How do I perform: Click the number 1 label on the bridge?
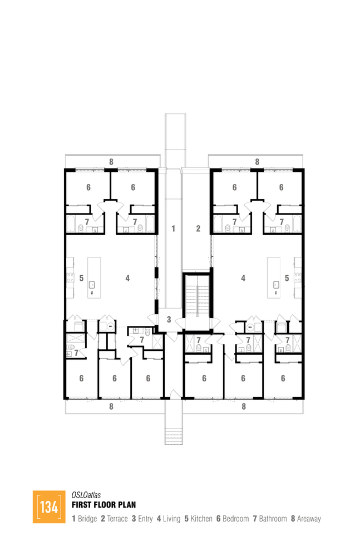coord(173,228)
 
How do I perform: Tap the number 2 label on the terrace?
coord(197,228)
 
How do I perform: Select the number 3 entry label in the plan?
coord(169,319)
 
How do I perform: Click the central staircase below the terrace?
coord(197,301)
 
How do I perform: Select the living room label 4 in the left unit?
coord(127,278)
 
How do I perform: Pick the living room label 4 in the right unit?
coord(243,278)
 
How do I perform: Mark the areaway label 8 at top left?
coord(111,162)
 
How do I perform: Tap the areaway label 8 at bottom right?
coord(244,406)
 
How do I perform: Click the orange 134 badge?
coord(49,507)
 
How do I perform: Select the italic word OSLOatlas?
coord(86,494)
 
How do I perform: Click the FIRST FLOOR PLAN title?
coord(103,505)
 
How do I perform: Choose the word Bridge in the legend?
coord(87,519)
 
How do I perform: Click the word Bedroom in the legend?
coord(235,519)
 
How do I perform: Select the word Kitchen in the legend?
coord(201,519)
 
